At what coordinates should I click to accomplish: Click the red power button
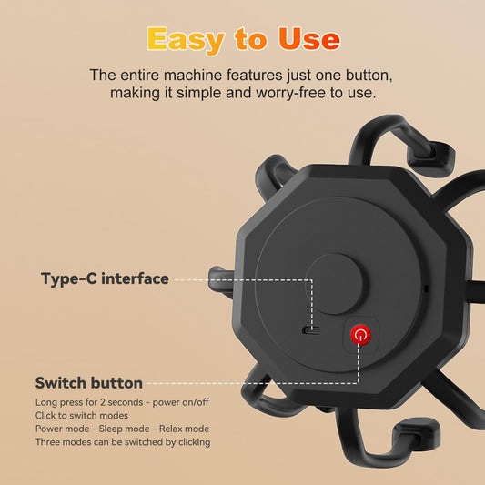pos(360,334)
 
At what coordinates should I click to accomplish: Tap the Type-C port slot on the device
pos(311,330)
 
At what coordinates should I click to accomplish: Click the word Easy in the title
pos(186,40)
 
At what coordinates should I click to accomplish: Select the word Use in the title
pos(309,39)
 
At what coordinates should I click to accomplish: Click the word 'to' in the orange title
pos(250,39)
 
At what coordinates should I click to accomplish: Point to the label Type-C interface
pos(105,278)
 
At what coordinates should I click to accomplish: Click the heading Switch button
pos(89,383)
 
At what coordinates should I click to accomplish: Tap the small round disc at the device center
pos(334,284)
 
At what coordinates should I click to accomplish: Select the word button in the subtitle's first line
pos(369,76)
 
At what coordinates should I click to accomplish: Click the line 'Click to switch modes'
pos(82,415)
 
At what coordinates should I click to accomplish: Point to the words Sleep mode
pos(124,429)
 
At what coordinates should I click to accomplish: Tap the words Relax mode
pos(184,429)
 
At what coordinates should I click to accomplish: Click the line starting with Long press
pos(122,402)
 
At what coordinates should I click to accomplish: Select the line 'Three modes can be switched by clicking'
pos(123,442)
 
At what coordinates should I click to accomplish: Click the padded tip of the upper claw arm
pos(431,158)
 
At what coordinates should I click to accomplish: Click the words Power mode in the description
pos(63,429)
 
